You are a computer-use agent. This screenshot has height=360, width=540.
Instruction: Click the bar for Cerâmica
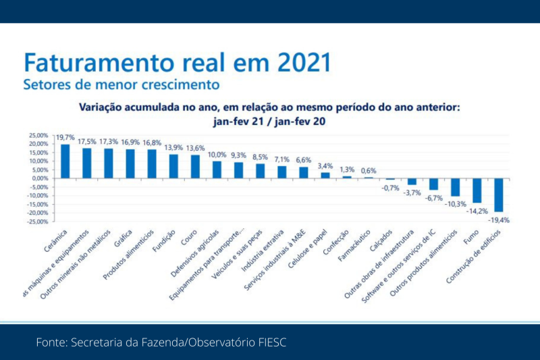[65, 161]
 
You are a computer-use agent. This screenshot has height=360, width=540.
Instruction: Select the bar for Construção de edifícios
[499, 195]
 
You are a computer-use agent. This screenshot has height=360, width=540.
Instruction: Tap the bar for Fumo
[477, 190]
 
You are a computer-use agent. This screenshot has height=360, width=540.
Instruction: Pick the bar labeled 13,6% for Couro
[195, 167]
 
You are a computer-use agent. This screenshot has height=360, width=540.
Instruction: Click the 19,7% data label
[65, 137]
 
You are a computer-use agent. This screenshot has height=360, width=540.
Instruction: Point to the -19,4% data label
[499, 220]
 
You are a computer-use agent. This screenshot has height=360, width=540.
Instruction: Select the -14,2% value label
[477, 210]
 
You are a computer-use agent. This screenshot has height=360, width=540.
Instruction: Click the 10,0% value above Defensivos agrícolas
[217, 154]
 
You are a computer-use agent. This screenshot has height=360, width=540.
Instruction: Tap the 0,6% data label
[369, 170]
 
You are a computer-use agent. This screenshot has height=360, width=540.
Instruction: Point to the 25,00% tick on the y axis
[38, 135]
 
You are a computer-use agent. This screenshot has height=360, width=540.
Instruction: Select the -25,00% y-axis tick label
[38, 222]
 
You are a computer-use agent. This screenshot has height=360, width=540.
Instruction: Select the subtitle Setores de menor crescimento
[121, 85]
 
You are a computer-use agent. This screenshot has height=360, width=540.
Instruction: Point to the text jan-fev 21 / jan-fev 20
[269, 122]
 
